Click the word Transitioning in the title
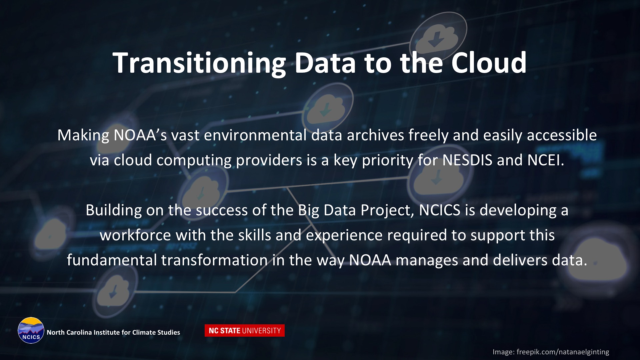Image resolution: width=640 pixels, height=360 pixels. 199,63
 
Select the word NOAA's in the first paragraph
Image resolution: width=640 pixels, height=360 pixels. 140,135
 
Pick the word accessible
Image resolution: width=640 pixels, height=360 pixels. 562,135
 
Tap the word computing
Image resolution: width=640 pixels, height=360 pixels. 194,161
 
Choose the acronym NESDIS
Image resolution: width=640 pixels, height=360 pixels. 467,160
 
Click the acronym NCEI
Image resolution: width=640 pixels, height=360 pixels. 546,160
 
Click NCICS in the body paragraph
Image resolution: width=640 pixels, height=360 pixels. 440,210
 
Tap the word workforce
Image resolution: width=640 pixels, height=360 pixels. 135,235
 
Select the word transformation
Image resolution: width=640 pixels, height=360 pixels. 214,260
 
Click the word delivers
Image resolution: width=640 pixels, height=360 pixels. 520,260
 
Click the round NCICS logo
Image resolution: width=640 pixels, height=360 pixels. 31,330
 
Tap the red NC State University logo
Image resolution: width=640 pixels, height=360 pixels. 245,331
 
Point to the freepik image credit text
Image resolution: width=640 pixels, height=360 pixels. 551,352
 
